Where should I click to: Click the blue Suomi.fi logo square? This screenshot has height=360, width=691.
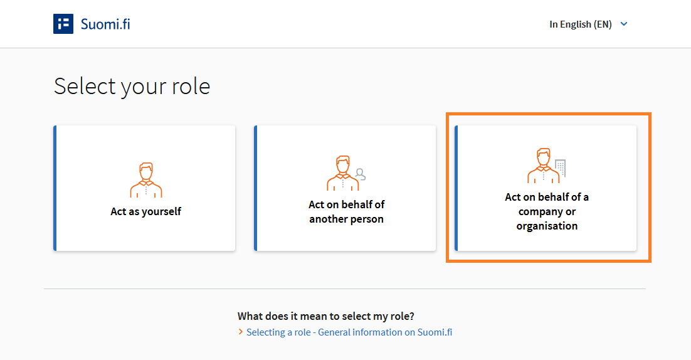(63, 24)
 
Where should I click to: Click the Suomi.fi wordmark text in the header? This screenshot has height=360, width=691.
(105, 24)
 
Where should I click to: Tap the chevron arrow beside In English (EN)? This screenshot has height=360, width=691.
(624, 24)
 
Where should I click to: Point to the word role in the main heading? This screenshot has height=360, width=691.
(191, 86)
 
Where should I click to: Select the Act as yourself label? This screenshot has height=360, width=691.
(146, 211)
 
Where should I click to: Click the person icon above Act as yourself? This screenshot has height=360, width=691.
(146, 180)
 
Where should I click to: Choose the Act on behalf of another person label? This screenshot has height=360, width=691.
(346, 211)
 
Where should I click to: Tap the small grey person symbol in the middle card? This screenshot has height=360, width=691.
(361, 174)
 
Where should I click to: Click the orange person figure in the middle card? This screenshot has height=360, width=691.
(343, 172)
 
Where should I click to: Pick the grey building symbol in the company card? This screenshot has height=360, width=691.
(560, 168)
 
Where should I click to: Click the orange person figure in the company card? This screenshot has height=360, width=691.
(544, 165)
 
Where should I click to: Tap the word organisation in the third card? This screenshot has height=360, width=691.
(547, 226)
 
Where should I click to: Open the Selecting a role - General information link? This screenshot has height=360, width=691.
(349, 332)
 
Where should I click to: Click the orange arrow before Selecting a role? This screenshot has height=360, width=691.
(241, 331)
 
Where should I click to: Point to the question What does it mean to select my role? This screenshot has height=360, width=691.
(325, 316)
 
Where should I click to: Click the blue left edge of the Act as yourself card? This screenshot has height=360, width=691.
(55, 188)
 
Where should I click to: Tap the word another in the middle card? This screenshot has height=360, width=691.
(328, 219)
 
